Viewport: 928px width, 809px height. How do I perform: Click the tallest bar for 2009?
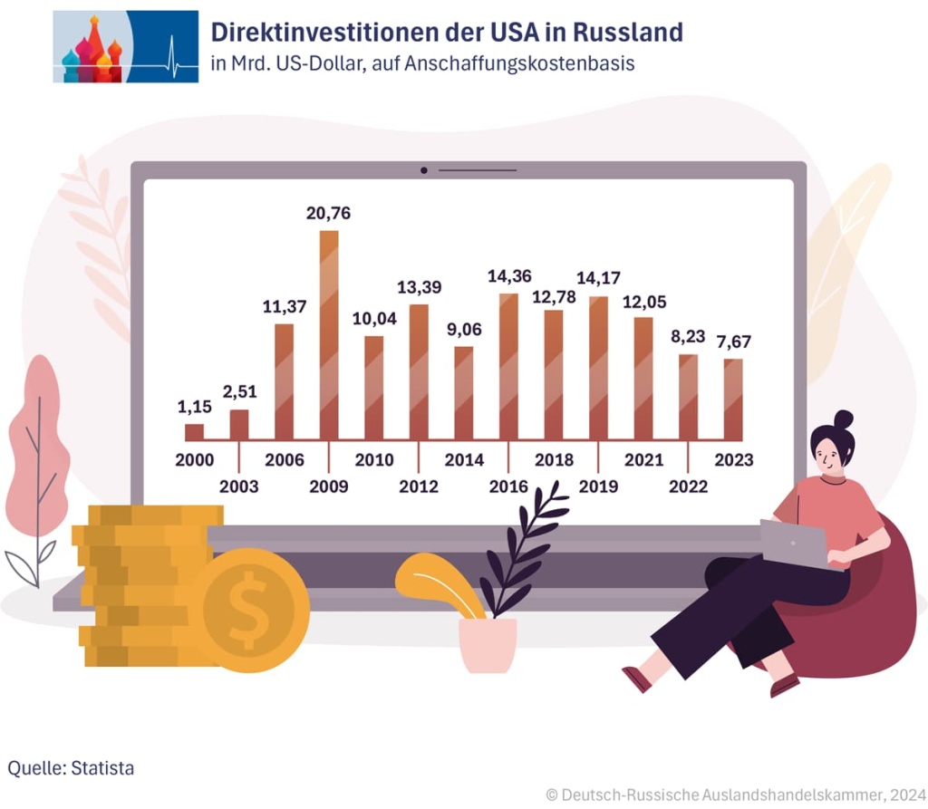[329, 335]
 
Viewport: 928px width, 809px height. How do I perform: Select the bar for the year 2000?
[194, 432]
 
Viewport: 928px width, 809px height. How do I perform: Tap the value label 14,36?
[508, 276]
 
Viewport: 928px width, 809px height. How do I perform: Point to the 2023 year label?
[733, 460]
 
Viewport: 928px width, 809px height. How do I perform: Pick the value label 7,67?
[733, 342]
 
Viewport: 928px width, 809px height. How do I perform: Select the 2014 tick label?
[464, 460]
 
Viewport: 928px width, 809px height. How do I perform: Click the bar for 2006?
[284, 381]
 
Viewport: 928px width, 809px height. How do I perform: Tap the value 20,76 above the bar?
[329, 214]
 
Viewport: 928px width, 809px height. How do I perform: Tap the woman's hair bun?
[843, 419]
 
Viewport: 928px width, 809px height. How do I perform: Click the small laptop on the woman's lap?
[793, 543]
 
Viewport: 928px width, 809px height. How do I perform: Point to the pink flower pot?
[488, 644]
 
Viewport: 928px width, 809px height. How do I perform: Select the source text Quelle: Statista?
[71, 768]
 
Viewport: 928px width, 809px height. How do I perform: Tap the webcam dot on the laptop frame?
[424, 170]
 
